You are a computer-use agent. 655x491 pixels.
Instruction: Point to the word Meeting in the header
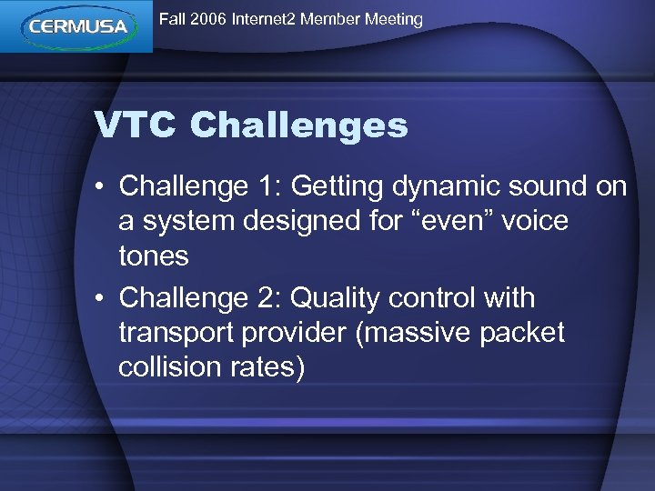[396, 19]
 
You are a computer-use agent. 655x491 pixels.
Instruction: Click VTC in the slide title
[136, 125]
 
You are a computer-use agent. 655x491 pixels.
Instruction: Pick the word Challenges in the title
[299, 125]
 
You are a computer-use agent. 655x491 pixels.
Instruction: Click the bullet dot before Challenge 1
[103, 187]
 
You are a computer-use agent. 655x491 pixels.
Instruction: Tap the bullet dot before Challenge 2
[103, 299]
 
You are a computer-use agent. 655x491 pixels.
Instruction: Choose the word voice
[532, 221]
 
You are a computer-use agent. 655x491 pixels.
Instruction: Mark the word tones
[154, 256]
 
